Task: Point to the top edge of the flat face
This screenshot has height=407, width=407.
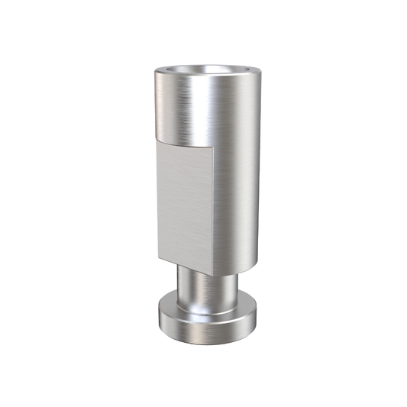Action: [183, 147]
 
